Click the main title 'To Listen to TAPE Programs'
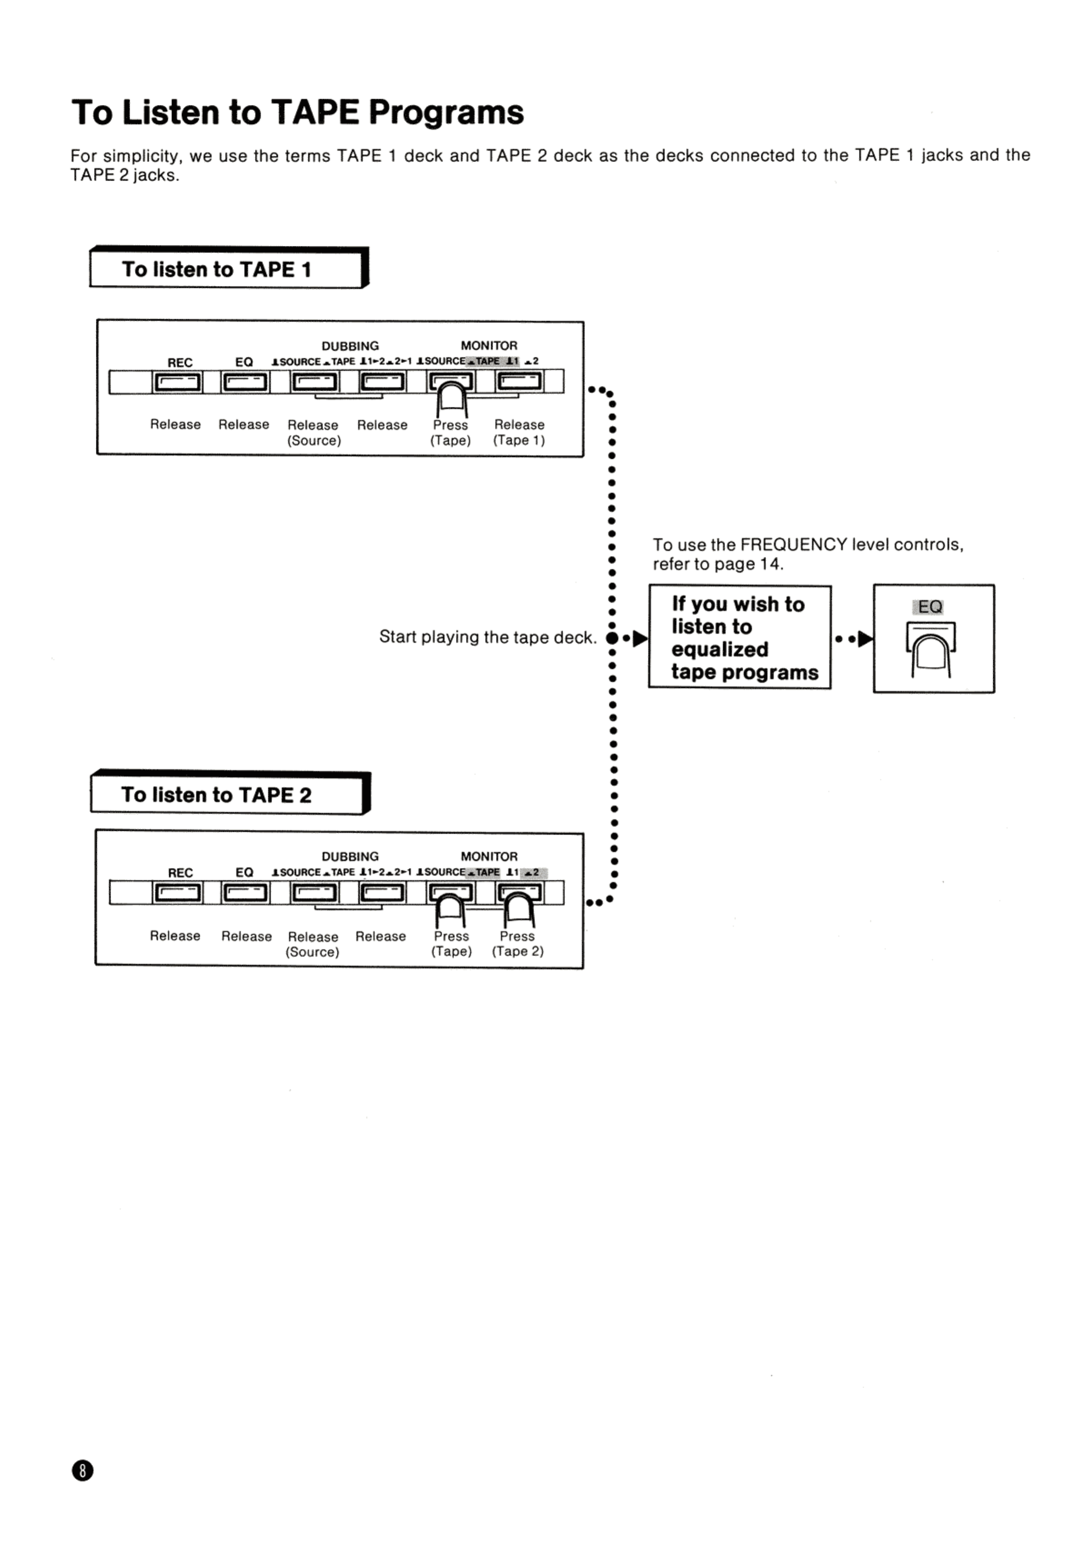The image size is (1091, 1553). point(298,112)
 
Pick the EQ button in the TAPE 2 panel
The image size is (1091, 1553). point(245,893)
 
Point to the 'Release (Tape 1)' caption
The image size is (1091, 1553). point(519,432)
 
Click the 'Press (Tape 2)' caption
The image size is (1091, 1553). point(517,943)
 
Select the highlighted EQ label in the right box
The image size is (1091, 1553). point(930,607)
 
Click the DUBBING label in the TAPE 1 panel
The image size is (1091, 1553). point(350,346)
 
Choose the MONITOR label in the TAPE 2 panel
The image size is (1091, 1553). point(489,857)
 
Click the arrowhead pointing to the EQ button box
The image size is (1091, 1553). point(865,638)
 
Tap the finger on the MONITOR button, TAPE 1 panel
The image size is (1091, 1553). point(452,399)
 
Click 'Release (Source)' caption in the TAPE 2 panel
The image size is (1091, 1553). point(312,944)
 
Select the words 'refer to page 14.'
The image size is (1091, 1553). point(718,564)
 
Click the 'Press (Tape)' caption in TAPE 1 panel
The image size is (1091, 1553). point(450,433)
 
